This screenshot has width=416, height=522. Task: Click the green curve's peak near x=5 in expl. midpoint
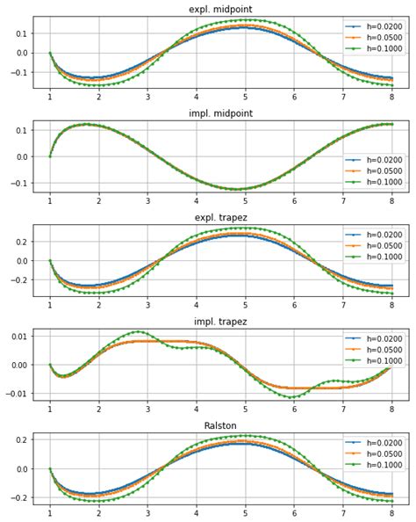point(247,19)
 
